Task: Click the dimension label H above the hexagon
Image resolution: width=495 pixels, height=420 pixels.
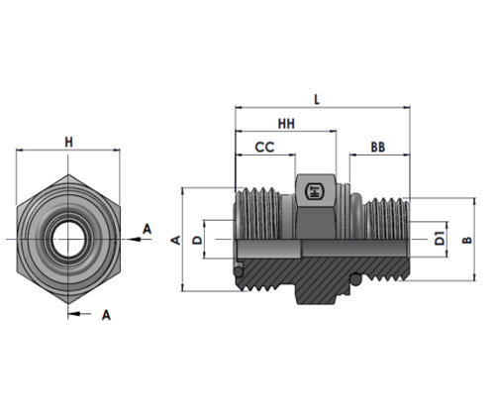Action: click(68, 143)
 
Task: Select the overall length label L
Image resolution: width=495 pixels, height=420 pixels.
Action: click(317, 99)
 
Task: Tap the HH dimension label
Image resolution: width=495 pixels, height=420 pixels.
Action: click(286, 124)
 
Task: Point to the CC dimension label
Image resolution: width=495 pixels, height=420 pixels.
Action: click(264, 148)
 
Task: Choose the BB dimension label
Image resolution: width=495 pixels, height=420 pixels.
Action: click(378, 148)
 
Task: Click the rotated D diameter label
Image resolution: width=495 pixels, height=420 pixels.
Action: click(197, 240)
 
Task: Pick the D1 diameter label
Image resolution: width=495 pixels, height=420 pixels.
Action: click(440, 239)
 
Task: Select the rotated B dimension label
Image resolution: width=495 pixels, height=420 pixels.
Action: click(467, 240)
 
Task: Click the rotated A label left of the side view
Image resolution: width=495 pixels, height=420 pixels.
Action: click(177, 240)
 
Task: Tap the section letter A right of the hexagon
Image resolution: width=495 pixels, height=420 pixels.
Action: click(147, 229)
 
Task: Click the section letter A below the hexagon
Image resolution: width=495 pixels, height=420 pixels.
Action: click(106, 315)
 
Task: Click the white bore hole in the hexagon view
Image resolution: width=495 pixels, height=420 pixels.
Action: click(68, 239)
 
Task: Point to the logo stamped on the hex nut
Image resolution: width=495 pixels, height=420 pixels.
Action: click(315, 191)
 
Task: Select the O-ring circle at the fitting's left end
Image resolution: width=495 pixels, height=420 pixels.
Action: click(239, 271)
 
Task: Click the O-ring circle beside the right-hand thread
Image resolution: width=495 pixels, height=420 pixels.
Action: click(355, 279)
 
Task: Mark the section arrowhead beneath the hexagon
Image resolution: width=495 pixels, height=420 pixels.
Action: click(74, 314)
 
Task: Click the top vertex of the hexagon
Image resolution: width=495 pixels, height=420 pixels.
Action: click(68, 174)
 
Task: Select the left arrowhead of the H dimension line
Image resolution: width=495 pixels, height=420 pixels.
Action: click(20, 151)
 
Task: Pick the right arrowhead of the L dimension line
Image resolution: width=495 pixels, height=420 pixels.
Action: click(406, 107)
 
